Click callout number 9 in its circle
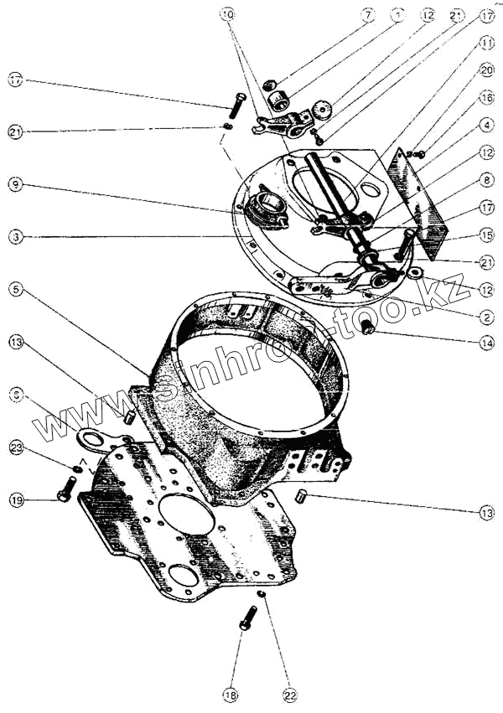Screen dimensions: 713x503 [x=15, y=183]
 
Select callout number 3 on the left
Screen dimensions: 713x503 [x=15, y=237]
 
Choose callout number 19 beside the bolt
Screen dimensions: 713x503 [x=15, y=500]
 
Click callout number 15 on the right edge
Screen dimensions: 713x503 [x=488, y=235]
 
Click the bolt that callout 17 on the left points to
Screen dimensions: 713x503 [x=236, y=108]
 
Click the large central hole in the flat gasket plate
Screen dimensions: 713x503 [x=187, y=513]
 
